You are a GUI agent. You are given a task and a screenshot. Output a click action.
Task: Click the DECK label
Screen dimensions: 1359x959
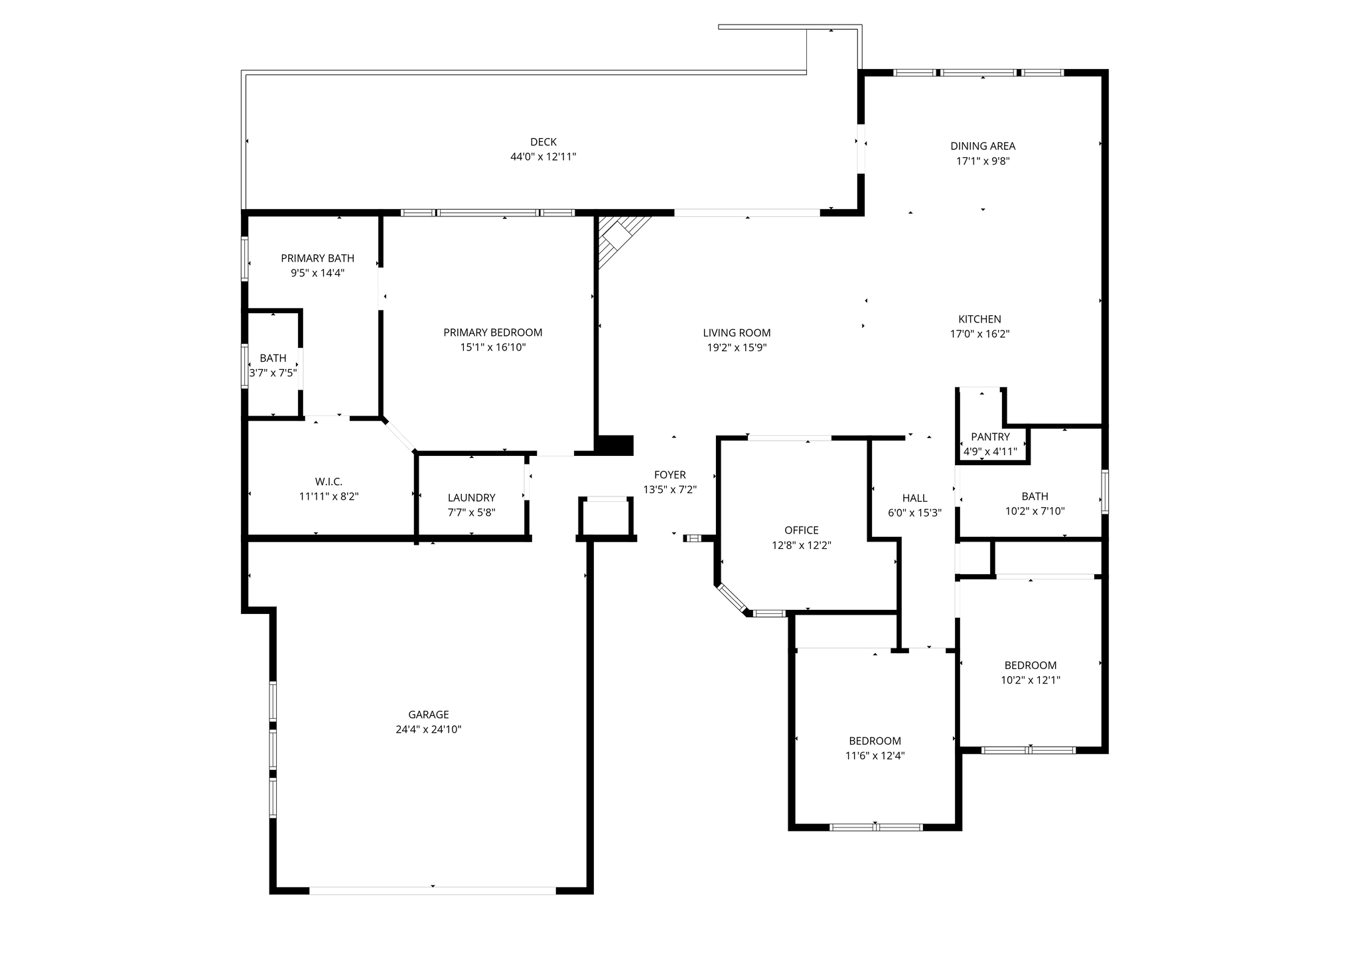(543, 142)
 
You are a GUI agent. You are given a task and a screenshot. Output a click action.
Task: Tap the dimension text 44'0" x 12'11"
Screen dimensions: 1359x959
(543, 157)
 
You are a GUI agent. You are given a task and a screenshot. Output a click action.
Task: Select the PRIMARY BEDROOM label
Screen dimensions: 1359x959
(492, 332)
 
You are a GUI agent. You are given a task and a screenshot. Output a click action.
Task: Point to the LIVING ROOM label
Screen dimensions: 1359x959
(737, 332)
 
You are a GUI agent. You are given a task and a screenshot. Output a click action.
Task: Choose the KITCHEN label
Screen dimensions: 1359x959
(979, 319)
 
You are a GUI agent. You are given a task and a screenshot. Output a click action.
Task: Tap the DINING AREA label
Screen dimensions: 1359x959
(983, 146)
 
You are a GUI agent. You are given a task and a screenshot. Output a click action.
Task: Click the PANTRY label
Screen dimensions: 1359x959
(990, 437)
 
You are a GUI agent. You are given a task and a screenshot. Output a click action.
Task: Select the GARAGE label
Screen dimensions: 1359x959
(428, 715)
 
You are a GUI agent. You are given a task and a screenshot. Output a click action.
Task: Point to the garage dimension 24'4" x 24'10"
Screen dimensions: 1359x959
(428, 730)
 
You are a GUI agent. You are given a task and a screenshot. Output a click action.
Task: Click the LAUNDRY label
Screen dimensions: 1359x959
(471, 498)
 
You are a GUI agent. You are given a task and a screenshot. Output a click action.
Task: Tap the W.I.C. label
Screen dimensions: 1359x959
(328, 482)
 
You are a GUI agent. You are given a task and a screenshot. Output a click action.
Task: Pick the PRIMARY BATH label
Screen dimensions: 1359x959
(317, 258)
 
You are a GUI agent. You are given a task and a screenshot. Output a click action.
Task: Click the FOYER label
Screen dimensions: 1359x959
(670, 475)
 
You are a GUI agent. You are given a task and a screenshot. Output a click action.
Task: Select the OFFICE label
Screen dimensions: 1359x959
(801, 530)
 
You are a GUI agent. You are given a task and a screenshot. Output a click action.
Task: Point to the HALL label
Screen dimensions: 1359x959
(914, 498)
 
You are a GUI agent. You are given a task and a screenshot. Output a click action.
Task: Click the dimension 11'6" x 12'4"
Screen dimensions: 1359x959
(875, 756)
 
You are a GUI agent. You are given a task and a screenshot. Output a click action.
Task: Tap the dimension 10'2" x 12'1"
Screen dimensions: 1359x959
(1030, 680)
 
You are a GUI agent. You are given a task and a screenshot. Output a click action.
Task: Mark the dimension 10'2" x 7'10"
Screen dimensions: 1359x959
(1035, 512)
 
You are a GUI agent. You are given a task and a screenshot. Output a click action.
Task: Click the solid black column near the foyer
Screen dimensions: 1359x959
(616, 445)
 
